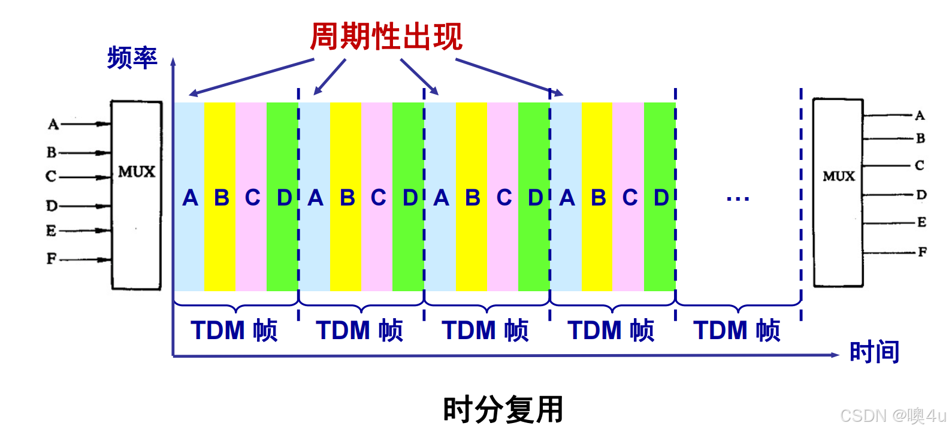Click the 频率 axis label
pos(132,58)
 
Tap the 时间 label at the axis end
pos(874,352)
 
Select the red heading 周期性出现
pos(386,37)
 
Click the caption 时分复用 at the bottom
pos(503,410)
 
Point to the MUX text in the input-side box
pos(137,172)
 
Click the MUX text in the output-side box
pos(838,176)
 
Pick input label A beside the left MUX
pos(53,125)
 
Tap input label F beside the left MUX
pos(52,259)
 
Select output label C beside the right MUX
pos(920,165)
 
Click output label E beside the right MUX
pos(921,222)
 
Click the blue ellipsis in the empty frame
pos(738,198)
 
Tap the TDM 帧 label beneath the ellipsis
pos(736,330)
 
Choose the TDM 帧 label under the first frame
pos(234,330)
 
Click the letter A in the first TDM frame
pos(190,198)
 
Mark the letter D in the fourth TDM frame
pos(661,198)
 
